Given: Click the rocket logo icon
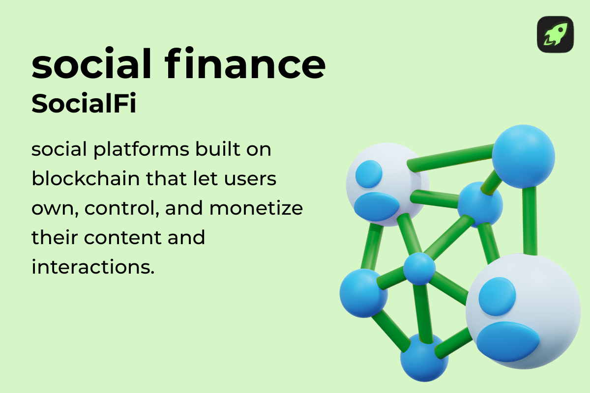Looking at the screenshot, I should pyautogui.click(x=555, y=34).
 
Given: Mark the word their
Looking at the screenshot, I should pyautogui.click(x=54, y=238).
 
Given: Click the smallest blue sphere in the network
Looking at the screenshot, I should pyautogui.click(x=419, y=269).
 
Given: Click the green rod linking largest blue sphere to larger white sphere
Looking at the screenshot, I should pyautogui.click(x=530, y=221).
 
